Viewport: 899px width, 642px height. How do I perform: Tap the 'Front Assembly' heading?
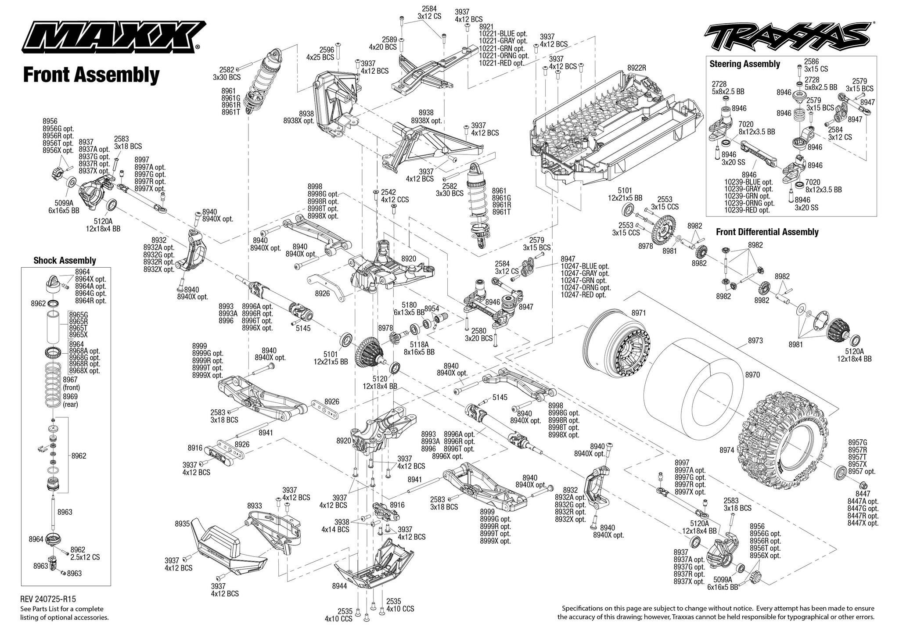[91, 75]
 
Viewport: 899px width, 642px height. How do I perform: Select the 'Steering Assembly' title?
[744, 64]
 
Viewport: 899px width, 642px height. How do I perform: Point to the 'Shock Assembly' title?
[65, 260]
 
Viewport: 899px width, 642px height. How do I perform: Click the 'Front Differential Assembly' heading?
[767, 232]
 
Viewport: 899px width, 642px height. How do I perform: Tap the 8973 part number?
[755, 340]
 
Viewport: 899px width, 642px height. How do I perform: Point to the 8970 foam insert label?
[752, 375]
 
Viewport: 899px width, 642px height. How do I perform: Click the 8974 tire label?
[726, 450]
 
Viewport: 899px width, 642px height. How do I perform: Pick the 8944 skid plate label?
[340, 585]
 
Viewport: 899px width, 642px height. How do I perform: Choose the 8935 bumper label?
[182, 524]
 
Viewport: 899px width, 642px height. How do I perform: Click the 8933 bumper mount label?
[255, 506]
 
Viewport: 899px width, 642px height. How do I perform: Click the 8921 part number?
[486, 27]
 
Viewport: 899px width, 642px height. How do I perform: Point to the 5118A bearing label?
[419, 344]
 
